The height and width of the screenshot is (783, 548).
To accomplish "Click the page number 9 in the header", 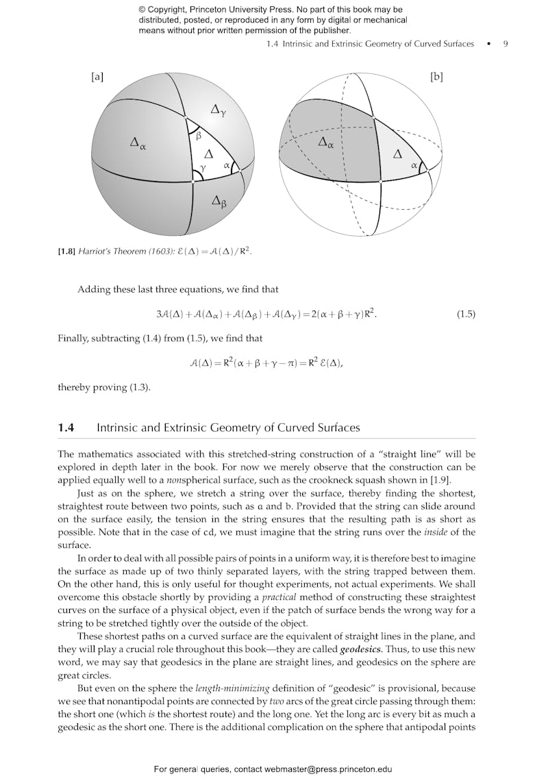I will [506, 44].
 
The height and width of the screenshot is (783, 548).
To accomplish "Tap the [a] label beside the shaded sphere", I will [97, 77].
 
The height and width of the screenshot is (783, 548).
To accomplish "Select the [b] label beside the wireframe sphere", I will [436, 77].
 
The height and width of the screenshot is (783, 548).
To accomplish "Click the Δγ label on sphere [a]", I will [218, 110].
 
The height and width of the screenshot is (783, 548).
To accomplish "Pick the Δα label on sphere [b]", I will [326, 143].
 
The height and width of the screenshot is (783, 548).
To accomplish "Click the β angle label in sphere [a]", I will [199, 136].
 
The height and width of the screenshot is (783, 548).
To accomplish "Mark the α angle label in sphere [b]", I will [414, 165].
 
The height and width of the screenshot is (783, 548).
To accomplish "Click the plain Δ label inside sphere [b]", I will [397, 154].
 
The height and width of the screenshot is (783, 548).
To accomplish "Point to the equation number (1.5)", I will [466, 315].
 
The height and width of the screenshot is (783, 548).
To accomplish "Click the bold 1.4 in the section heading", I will [66, 428].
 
